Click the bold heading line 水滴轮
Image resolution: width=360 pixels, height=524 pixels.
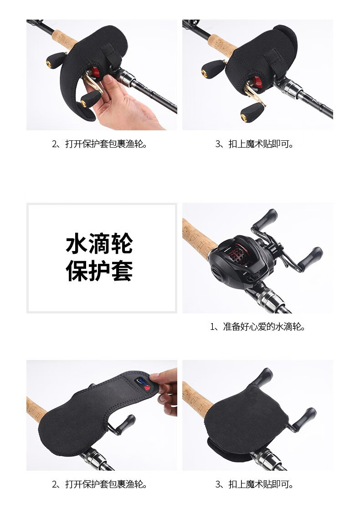click(x=99, y=244)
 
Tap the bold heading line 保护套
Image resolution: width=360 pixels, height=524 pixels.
click(x=99, y=271)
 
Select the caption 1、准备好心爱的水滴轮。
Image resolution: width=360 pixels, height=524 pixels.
click(x=258, y=327)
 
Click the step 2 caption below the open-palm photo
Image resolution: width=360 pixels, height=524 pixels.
click(x=100, y=144)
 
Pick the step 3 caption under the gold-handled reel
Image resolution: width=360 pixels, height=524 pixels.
click(x=254, y=144)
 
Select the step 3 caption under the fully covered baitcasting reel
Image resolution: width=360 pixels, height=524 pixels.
click(x=254, y=484)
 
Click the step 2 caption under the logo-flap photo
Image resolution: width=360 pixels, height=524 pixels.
click(x=100, y=484)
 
